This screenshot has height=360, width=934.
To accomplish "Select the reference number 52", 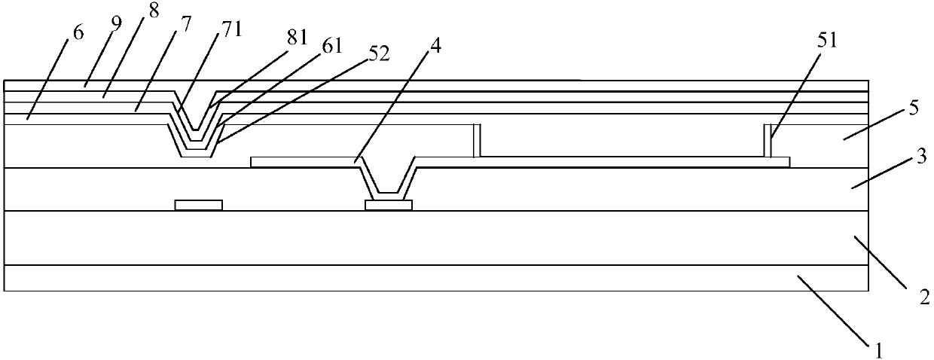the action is pyautogui.click(x=375, y=56).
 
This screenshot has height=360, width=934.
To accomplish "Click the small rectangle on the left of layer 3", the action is pyautogui.click(x=199, y=205).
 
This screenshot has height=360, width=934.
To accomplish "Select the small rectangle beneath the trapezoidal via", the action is pyautogui.click(x=389, y=205).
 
